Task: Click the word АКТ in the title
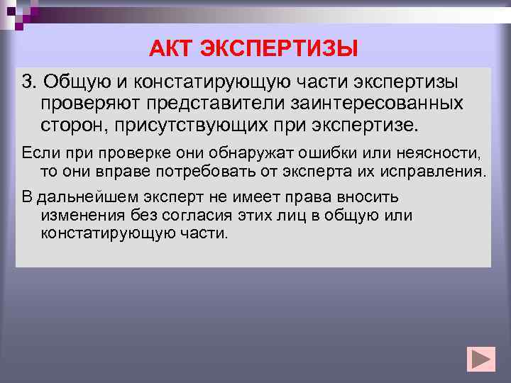pos(171,49)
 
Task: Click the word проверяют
pos(91,104)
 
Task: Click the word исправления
pos(443,171)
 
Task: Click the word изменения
pos(78,215)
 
